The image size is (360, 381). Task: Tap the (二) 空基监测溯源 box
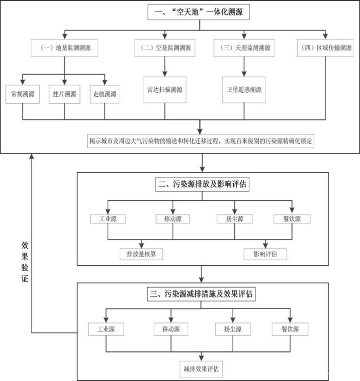point(165,48)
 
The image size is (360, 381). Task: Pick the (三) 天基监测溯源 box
point(243,48)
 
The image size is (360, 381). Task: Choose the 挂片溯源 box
point(64,94)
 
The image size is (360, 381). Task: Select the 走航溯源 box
point(104,94)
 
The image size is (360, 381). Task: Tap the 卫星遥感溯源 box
point(243,88)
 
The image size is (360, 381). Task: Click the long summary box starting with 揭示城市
point(201,140)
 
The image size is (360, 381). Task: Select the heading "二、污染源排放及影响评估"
point(201,184)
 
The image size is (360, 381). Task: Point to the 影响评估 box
point(265,254)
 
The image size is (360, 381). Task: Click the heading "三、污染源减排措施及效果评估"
point(201,295)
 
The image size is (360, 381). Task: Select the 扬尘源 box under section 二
point(234,219)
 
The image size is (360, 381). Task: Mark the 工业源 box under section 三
point(106,329)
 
